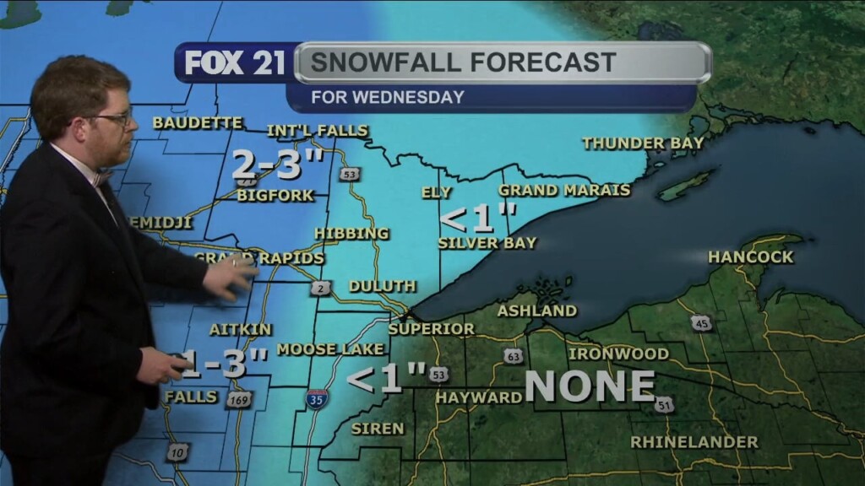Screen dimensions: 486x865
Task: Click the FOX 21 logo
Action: [x=235, y=63]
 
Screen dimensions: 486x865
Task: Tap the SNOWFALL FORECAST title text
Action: [x=463, y=62]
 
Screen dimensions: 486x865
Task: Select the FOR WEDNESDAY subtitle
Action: [x=388, y=97]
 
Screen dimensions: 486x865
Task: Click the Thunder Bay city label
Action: [x=643, y=143]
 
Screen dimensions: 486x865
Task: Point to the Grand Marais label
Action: [x=564, y=191]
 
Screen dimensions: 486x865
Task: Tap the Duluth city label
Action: [x=383, y=287]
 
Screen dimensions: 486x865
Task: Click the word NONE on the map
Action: [x=590, y=386]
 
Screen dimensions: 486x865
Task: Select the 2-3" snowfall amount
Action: [x=278, y=165]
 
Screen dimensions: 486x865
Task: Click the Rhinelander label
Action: [x=694, y=442]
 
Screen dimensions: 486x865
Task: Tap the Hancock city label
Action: [x=750, y=256]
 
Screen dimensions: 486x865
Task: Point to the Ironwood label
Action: [x=618, y=354]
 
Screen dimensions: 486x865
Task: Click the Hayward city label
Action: [x=479, y=397]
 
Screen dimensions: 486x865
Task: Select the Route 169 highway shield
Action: [x=239, y=399]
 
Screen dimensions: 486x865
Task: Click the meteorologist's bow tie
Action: [x=102, y=178]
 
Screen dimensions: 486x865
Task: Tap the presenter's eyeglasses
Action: [x=115, y=119]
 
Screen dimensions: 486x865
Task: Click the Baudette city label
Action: [x=198, y=123]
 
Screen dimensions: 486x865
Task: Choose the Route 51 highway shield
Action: [x=664, y=405]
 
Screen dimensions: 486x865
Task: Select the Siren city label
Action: [x=378, y=429]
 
